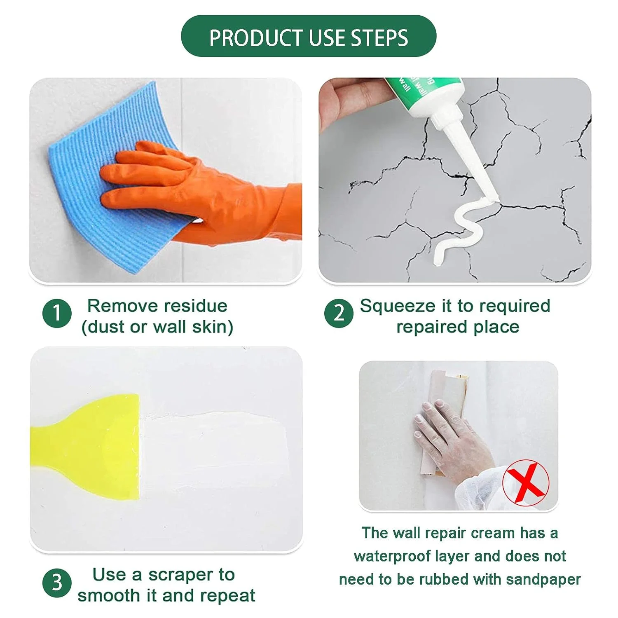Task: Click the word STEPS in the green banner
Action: tap(379, 38)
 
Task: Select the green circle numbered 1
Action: tap(57, 313)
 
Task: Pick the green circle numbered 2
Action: tap(339, 313)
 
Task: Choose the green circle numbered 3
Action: tap(57, 582)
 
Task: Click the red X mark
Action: tap(526, 483)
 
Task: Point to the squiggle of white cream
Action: tap(461, 231)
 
